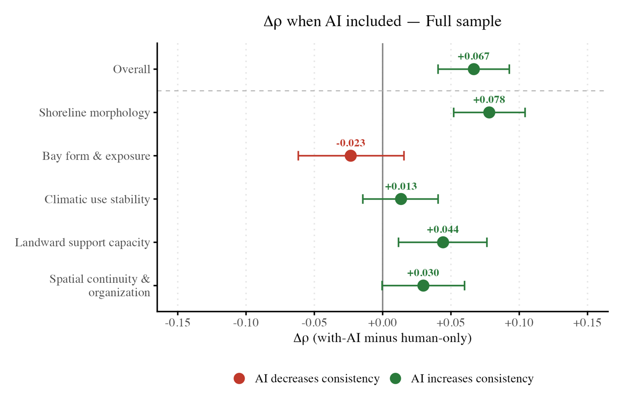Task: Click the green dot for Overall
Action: (474, 69)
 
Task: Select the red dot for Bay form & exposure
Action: (351, 155)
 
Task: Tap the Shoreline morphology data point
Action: (489, 112)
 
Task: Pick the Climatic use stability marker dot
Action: (401, 199)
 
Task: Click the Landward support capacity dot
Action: (443, 243)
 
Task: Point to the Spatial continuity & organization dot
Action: (423, 286)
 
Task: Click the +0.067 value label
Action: (474, 56)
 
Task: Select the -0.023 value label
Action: (351, 143)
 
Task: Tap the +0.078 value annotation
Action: (489, 100)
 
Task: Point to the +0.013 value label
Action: (401, 186)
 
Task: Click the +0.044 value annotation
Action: (443, 230)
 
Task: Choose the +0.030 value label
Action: (423, 273)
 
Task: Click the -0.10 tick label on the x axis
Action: (246, 323)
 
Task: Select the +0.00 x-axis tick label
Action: (383, 323)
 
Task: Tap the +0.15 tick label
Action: (587, 323)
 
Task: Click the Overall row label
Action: (132, 69)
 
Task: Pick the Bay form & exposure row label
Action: (96, 156)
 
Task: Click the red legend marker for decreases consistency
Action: (239, 378)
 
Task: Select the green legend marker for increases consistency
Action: (395, 378)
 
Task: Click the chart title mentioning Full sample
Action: (383, 22)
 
